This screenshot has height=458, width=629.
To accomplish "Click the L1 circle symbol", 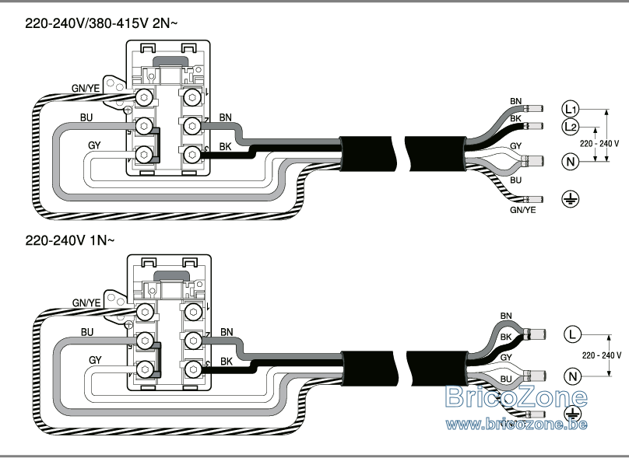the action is point(570,109).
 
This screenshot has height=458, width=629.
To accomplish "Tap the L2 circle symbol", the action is point(570,127).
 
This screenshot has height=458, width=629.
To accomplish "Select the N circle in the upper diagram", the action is point(571,162).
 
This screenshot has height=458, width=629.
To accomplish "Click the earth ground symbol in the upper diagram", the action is point(571,199).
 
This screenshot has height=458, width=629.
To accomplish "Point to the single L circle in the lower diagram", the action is point(572,334).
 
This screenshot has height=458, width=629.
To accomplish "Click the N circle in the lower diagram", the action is point(572,376).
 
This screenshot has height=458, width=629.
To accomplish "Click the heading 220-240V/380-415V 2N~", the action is point(101,23).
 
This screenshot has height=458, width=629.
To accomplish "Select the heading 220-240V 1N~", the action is point(70,240).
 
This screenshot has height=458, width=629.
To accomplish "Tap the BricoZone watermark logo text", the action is point(517,397).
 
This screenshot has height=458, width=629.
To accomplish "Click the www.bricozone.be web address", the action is point(517,424).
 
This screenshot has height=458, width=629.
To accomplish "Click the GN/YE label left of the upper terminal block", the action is point(86,88).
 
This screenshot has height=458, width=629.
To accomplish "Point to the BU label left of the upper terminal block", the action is point(86,117).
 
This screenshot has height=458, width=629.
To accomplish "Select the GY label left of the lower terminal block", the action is point(95,360).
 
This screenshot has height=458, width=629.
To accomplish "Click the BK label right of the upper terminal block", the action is point(226,147).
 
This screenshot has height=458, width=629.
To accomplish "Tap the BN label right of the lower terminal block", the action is point(227,332).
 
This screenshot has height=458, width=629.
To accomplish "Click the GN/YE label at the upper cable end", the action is point(522,210).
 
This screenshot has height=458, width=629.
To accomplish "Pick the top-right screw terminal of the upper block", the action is point(192,97).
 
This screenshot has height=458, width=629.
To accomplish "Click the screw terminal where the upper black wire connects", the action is point(192,154).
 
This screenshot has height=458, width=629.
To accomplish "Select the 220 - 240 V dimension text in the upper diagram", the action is point(599,143).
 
